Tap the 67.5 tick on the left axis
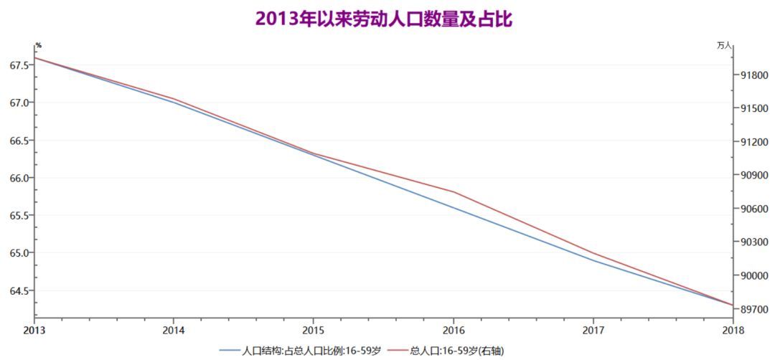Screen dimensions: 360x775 point(19,65)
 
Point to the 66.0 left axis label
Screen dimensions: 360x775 point(19,178)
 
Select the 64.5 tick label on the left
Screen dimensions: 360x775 point(19,290)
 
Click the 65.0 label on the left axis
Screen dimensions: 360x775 point(19,253)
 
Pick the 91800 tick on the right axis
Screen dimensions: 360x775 point(752,75)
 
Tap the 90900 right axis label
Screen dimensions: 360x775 point(752,175)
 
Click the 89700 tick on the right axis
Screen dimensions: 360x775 point(752,309)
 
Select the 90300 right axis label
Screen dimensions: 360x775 point(752,242)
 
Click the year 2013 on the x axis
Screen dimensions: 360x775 point(34,330)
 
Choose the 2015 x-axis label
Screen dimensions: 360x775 point(313,330)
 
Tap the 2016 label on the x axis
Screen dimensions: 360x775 point(454,330)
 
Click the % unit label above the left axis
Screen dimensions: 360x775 point(38,46)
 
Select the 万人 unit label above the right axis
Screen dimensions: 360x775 point(724,46)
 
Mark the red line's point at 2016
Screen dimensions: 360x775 point(454,191)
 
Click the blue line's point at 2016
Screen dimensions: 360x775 point(454,207)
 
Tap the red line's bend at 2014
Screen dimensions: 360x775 point(174,98)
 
